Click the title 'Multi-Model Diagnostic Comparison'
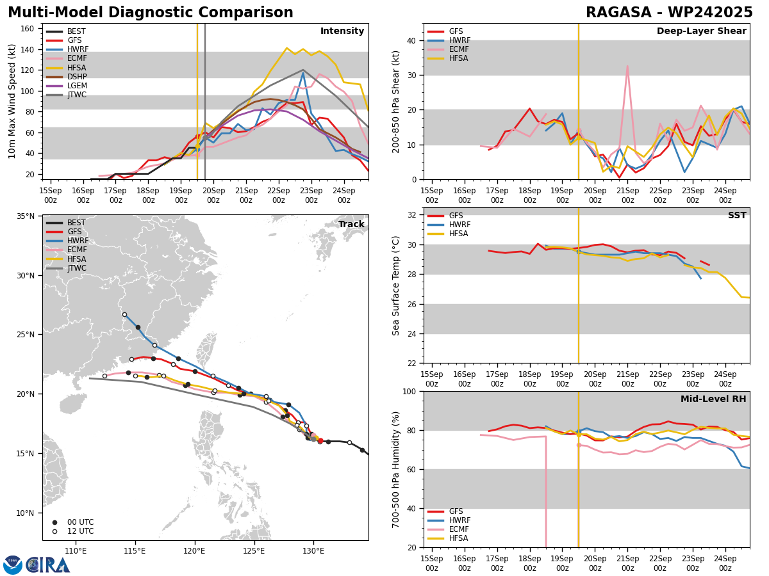(x=151, y=13)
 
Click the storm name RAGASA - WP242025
(x=669, y=13)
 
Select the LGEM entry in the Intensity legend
(x=77, y=86)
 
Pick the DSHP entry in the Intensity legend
(x=77, y=77)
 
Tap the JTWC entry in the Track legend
(x=77, y=268)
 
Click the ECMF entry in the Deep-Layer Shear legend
(x=459, y=49)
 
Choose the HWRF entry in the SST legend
(x=459, y=225)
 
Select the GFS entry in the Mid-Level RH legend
(x=456, y=511)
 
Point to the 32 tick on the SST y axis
(x=413, y=215)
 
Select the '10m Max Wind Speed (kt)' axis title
(x=12, y=102)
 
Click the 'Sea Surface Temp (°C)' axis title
(x=396, y=285)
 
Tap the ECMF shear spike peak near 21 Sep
(x=627, y=66)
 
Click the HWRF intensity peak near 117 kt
(x=303, y=73)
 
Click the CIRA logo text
(x=49, y=564)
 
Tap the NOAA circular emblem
(x=12, y=564)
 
